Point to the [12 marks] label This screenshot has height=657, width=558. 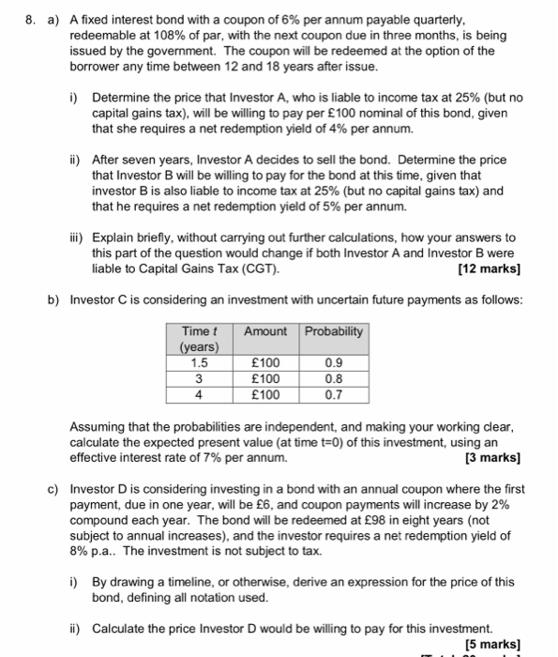490,269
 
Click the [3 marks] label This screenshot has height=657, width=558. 492,458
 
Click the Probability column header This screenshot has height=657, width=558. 335,331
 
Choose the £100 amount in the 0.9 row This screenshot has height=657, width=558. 266,363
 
